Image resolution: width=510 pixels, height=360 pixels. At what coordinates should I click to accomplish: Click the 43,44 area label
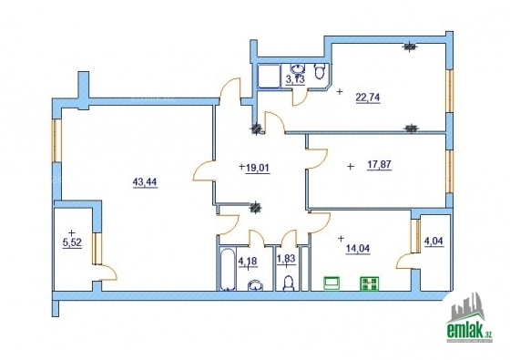pyautogui.click(x=145, y=182)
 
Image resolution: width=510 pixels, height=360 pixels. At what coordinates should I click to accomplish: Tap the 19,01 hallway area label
pyautogui.click(x=258, y=168)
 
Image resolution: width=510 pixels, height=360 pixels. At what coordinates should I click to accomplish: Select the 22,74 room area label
pyautogui.click(x=368, y=98)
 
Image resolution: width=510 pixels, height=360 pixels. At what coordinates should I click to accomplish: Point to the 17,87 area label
pyautogui.click(x=379, y=165)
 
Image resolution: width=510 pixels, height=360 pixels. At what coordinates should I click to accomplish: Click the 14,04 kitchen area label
pyautogui.click(x=357, y=249)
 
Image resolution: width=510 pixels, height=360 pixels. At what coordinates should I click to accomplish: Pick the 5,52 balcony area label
pyautogui.click(x=72, y=242)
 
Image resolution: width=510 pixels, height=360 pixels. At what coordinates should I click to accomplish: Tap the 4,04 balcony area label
pyautogui.click(x=433, y=242)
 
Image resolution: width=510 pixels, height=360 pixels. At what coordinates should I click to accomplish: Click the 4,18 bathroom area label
pyautogui.click(x=248, y=262)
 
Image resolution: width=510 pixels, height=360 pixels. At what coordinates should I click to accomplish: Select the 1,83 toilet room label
pyautogui.click(x=286, y=259)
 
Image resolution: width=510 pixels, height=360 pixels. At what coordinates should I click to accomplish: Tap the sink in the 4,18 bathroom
pyautogui.click(x=256, y=285)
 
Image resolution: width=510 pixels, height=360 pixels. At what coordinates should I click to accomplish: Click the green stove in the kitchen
pyautogui.click(x=369, y=283)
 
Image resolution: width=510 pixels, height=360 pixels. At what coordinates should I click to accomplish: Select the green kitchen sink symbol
pyautogui.click(x=331, y=283)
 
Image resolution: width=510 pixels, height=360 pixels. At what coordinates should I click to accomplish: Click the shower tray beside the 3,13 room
pyautogui.click(x=269, y=77)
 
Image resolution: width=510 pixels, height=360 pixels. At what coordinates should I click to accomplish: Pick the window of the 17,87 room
pyautogui.click(x=449, y=171)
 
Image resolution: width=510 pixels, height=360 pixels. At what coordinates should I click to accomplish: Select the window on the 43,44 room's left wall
pyautogui.click(x=56, y=140)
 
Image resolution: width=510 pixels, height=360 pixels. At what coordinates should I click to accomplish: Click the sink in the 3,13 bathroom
pyautogui.click(x=298, y=68)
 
